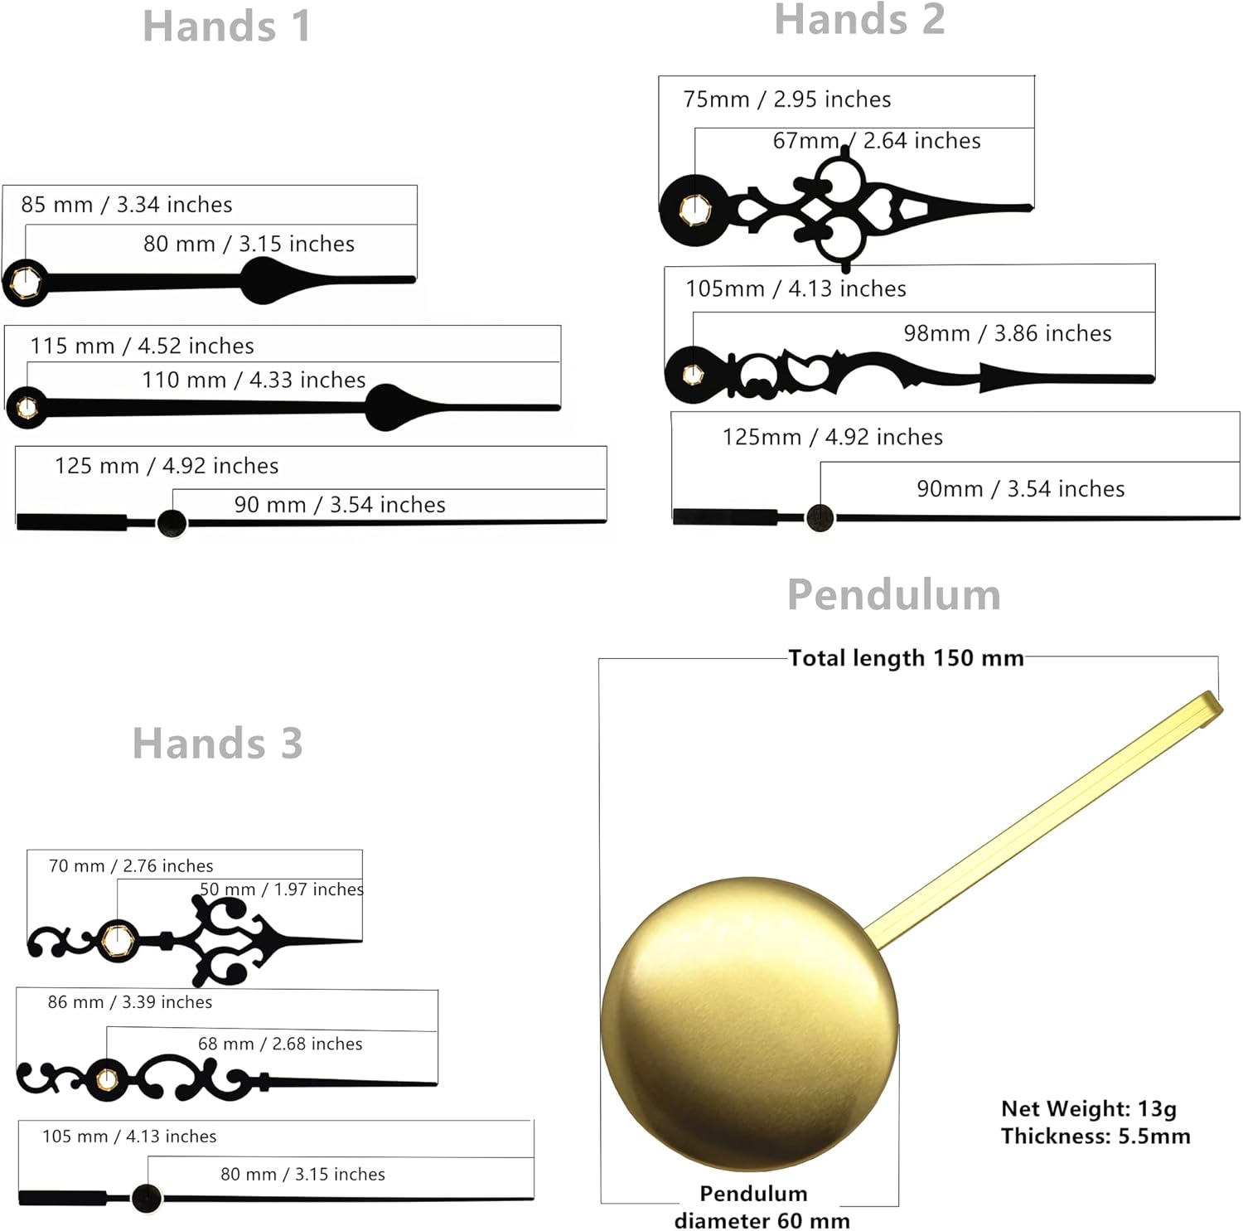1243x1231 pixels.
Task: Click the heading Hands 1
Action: pyautogui.click(x=227, y=26)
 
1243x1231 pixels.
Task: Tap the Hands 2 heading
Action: pyautogui.click(x=859, y=19)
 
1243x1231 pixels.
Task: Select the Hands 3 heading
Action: pyautogui.click(x=218, y=743)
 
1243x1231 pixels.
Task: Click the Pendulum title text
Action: pyautogui.click(x=894, y=594)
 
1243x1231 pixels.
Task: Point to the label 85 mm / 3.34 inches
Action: pyautogui.click(x=127, y=205)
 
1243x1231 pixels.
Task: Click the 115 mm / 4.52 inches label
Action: pyautogui.click(x=142, y=346)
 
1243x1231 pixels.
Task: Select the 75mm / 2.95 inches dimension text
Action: pyautogui.click(x=787, y=99)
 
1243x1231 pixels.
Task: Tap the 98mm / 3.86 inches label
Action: pyautogui.click(x=1008, y=333)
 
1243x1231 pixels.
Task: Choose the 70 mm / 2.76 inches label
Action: pyautogui.click(x=131, y=866)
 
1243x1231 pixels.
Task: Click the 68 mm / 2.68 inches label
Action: pyautogui.click(x=280, y=1044)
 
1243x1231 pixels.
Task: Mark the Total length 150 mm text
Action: pyautogui.click(x=906, y=658)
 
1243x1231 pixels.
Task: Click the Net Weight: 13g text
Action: pyautogui.click(x=1089, y=1108)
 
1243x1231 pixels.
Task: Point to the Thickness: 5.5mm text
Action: pyautogui.click(x=1095, y=1136)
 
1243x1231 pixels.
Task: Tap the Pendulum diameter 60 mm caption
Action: pyautogui.click(x=762, y=1207)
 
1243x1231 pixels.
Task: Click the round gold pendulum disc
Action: pyautogui.click(x=749, y=1025)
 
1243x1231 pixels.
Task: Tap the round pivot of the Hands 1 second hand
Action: pyautogui.click(x=172, y=523)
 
